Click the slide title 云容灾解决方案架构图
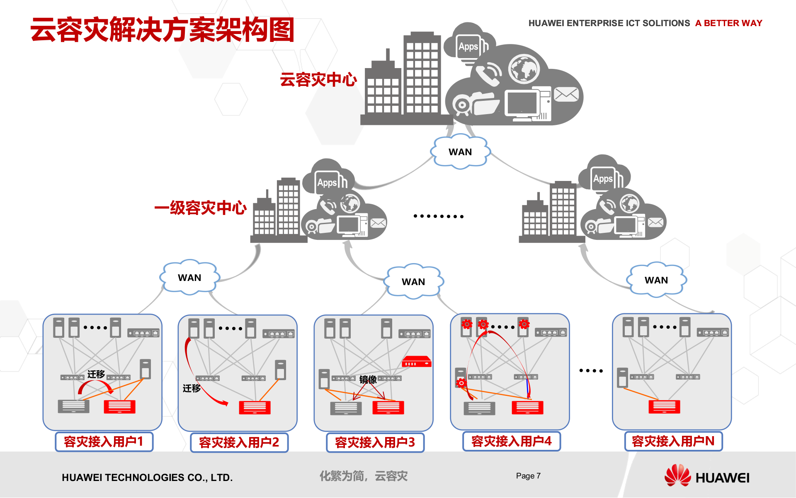coord(162,30)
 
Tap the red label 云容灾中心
coord(318,79)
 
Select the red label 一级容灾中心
coord(200,207)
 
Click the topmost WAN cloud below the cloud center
coord(460,152)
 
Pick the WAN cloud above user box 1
coord(189,278)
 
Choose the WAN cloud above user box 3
coord(413,282)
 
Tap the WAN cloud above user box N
coord(656,280)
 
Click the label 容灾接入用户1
coord(104,442)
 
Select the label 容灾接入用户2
coord(239,442)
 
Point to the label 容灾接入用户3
coord(375,442)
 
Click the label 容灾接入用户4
coord(512,441)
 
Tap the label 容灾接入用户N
coord(673,441)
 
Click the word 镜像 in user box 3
coord(368,379)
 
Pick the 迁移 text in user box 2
coord(192,388)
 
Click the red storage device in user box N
coord(664,407)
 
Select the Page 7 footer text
coord(528,476)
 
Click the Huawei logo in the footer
coord(707,476)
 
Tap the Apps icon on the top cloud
coord(468,46)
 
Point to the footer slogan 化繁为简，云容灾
coord(364,476)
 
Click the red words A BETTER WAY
coord(728,23)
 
